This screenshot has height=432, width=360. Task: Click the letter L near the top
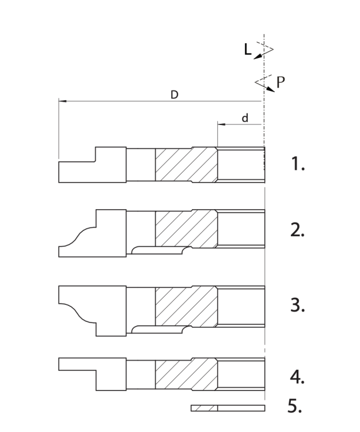click(x=247, y=50)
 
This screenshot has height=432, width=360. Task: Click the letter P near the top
click(x=280, y=82)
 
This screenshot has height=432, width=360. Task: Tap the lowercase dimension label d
click(x=245, y=118)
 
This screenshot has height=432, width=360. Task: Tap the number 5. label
click(x=295, y=407)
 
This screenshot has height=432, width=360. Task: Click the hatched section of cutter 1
click(x=185, y=165)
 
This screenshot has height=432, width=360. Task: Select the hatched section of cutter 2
click(x=185, y=228)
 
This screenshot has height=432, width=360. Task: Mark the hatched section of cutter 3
click(x=185, y=305)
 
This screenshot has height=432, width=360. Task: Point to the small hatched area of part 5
click(x=204, y=408)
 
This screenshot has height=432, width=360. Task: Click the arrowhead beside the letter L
click(x=257, y=55)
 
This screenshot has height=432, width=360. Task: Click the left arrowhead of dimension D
click(x=62, y=101)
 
